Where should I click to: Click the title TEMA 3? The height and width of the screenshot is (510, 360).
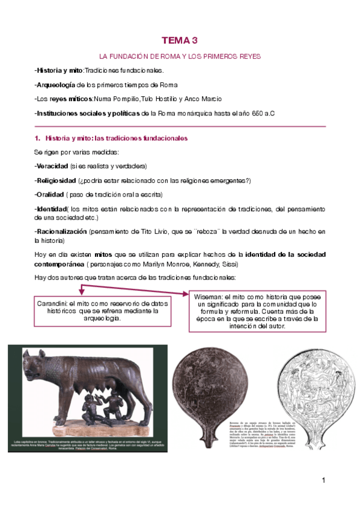[179, 40]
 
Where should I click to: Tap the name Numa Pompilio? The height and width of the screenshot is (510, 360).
[117, 99]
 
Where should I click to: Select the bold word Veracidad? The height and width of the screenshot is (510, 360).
[51, 165]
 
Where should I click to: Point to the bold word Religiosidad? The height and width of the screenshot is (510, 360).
[55, 180]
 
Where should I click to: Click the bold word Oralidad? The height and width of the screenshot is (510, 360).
[50, 194]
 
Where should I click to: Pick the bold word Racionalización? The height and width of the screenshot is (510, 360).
[61, 231]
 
